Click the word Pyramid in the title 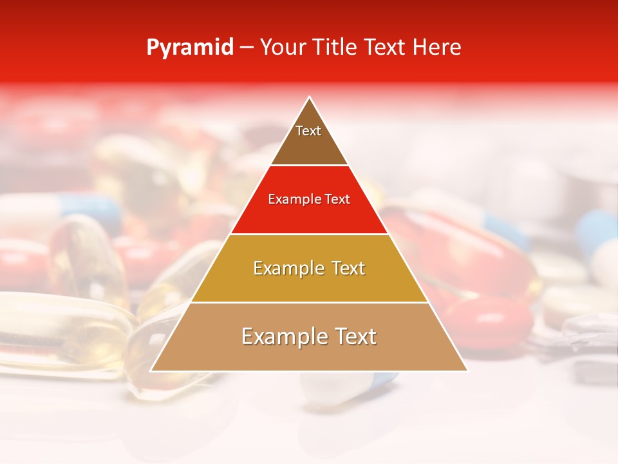pos(190,48)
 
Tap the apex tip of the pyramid pos(309,98)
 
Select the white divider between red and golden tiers pos(309,234)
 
